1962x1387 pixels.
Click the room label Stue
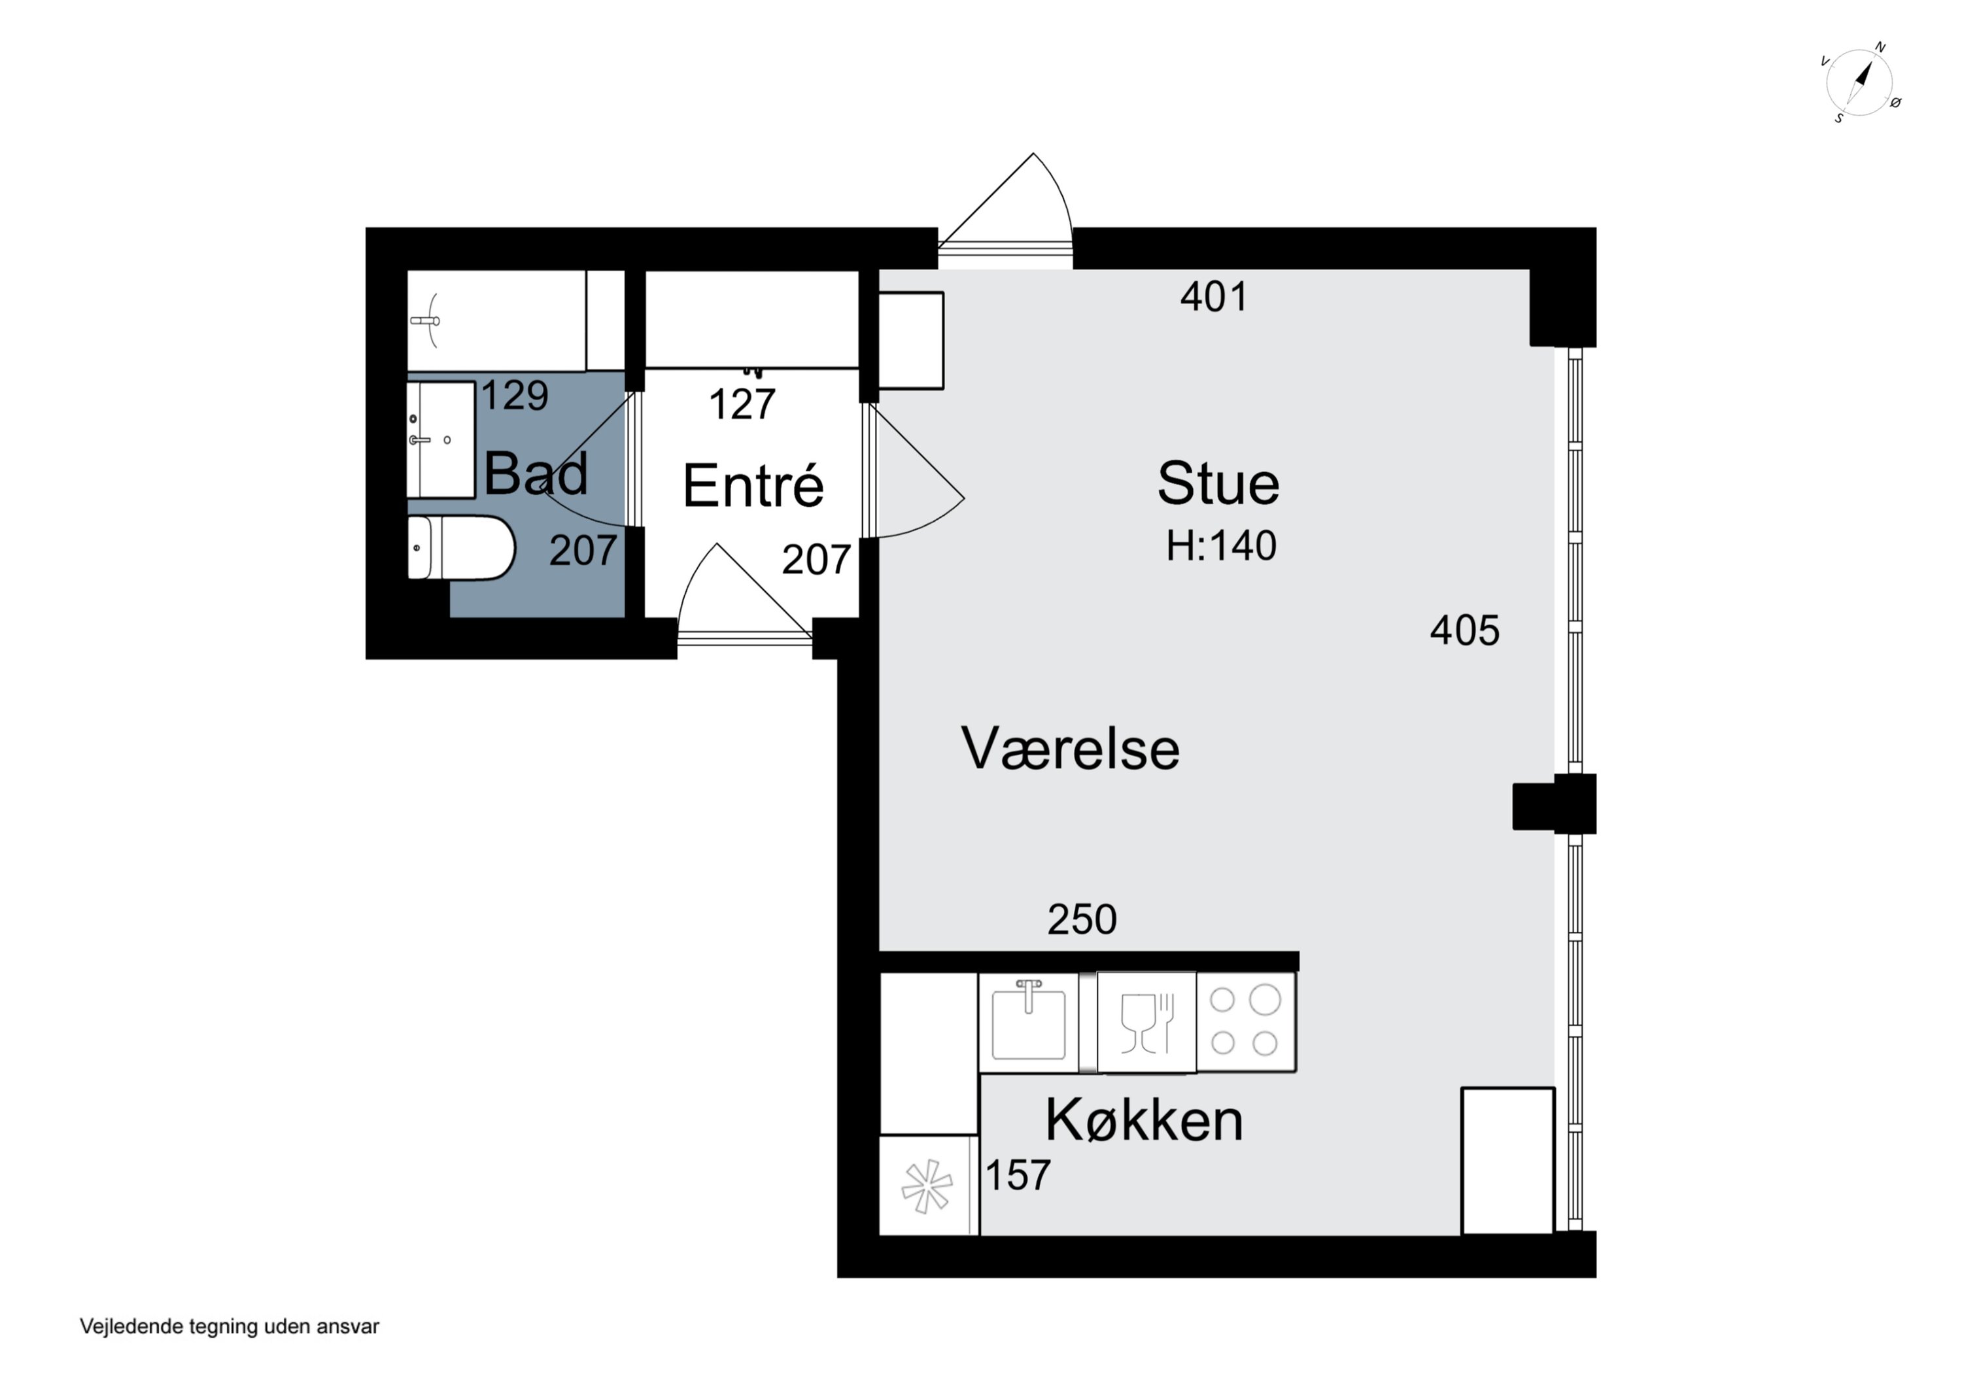1218,484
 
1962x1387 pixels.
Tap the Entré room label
753,487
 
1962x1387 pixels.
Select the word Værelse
1070,749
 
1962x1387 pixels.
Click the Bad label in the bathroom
536,473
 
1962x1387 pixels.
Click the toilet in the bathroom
460,548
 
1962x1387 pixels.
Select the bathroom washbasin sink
440,439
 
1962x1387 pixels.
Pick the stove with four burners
1246,1021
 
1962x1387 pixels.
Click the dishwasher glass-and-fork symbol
1146,1022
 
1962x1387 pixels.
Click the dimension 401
1213,296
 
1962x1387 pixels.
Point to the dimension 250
1082,919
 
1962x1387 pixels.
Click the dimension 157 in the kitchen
1018,1176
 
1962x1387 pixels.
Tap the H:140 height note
1221,546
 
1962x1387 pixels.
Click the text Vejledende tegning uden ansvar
229,1326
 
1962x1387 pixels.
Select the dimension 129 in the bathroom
515,396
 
